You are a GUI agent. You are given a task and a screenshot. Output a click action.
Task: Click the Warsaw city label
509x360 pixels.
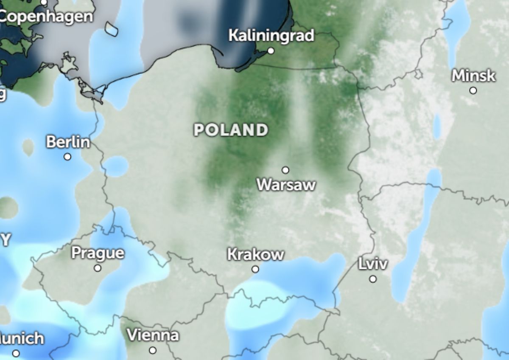286,185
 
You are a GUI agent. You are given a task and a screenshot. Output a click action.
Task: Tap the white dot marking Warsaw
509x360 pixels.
285,170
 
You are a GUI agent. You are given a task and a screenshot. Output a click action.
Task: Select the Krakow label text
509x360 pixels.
255,254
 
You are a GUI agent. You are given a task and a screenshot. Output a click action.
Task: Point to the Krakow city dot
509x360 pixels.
255,269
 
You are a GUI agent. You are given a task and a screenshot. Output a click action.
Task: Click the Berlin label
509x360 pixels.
68,142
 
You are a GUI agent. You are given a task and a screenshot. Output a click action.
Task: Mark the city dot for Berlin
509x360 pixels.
67,157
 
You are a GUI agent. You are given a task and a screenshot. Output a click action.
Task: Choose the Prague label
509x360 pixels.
98,253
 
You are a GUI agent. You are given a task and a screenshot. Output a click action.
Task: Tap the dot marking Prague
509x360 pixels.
98,268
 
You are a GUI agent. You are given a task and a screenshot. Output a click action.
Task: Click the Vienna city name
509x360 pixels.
153,335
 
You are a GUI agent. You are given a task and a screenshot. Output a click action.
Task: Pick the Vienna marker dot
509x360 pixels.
153,350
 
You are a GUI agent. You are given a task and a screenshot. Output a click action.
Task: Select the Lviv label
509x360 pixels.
373,264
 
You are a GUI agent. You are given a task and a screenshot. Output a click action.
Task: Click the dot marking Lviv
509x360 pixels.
373,279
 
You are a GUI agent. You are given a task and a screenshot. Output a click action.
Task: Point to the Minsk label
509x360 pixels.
473,76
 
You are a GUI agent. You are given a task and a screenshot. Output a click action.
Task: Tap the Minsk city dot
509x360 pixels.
473,90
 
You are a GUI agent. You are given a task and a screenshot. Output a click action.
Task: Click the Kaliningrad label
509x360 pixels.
271,35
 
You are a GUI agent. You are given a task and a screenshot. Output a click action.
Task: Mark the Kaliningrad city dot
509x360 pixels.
271,51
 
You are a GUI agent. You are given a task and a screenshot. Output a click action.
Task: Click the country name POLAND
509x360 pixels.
231,130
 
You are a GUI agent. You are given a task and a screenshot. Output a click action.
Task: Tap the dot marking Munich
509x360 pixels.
16,353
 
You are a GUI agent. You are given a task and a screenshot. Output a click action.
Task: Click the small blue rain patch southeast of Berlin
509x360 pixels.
115,166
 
